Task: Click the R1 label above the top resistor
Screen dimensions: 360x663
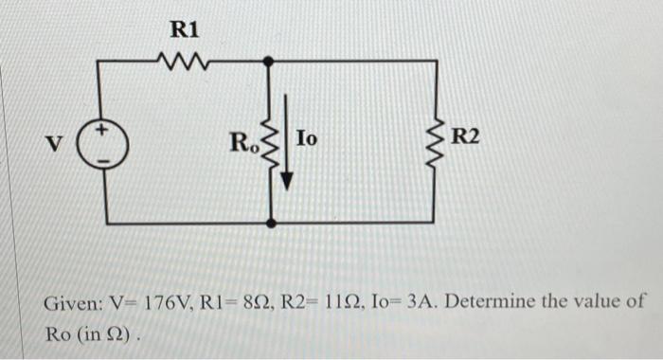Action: (x=185, y=29)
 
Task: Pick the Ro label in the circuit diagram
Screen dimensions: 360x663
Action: (x=243, y=144)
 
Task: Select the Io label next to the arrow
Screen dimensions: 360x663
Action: (x=307, y=139)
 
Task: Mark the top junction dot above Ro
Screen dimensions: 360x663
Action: (x=271, y=61)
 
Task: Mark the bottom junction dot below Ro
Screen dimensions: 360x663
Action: (x=272, y=224)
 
